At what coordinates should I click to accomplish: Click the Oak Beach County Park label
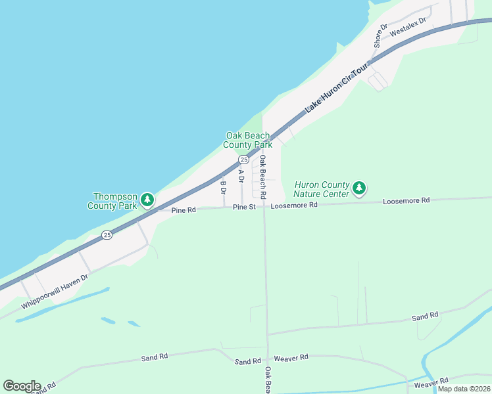point(247,140)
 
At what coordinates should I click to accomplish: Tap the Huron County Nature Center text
point(321,190)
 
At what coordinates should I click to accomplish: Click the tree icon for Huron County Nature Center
point(358,189)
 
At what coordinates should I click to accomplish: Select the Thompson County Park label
point(115,201)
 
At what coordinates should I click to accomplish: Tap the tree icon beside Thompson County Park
point(148,199)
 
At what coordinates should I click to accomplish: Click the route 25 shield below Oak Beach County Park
point(243,160)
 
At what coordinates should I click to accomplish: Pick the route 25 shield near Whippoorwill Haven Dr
point(107,234)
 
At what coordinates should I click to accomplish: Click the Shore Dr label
point(378,36)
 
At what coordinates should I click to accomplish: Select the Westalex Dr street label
point(408,27)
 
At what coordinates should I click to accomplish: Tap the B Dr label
point(224,188)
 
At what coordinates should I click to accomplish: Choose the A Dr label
point(241,176)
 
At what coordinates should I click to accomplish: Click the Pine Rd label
point(184,210)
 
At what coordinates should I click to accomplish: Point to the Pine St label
point(243,207)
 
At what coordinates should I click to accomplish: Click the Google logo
point(21,385)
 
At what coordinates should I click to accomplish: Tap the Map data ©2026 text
point(463,389)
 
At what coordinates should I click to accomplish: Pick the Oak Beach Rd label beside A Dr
point(262,177)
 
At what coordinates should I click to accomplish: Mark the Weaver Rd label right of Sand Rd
point(291,357)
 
